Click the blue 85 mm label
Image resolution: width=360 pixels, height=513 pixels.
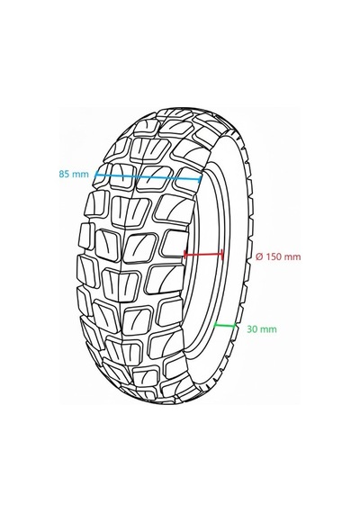click(74, 174)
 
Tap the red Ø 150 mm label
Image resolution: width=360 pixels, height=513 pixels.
click(278, 256)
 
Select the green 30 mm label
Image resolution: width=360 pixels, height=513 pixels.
click(262, 329)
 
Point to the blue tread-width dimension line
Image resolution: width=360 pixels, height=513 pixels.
click(148, 176)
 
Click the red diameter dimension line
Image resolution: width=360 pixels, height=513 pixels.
click(203, 254)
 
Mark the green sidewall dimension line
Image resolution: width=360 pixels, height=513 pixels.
click(224, 325)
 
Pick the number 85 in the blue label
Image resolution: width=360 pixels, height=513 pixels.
click(64, 174)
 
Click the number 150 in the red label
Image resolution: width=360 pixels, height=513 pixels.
click(273, 256)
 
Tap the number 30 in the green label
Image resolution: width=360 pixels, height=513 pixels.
click(252, 329)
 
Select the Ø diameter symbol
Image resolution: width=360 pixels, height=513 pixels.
click(259, 256)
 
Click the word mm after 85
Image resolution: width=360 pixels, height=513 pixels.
click(80, 175)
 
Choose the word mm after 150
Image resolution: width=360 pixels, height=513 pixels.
click(292, 257)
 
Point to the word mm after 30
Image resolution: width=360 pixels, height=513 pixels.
click(268, 329)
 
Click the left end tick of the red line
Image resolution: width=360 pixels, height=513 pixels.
click(184, 254)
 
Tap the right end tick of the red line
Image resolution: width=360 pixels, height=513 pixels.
click(222, 255)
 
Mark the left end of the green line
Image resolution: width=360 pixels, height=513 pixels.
click(214, 325)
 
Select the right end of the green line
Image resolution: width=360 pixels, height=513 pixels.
click(235, 325)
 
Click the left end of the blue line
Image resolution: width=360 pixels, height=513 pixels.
click(95, 175)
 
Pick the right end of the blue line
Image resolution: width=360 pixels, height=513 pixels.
click(201, 179)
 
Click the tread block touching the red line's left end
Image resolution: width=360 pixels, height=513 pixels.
click(175, 244)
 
